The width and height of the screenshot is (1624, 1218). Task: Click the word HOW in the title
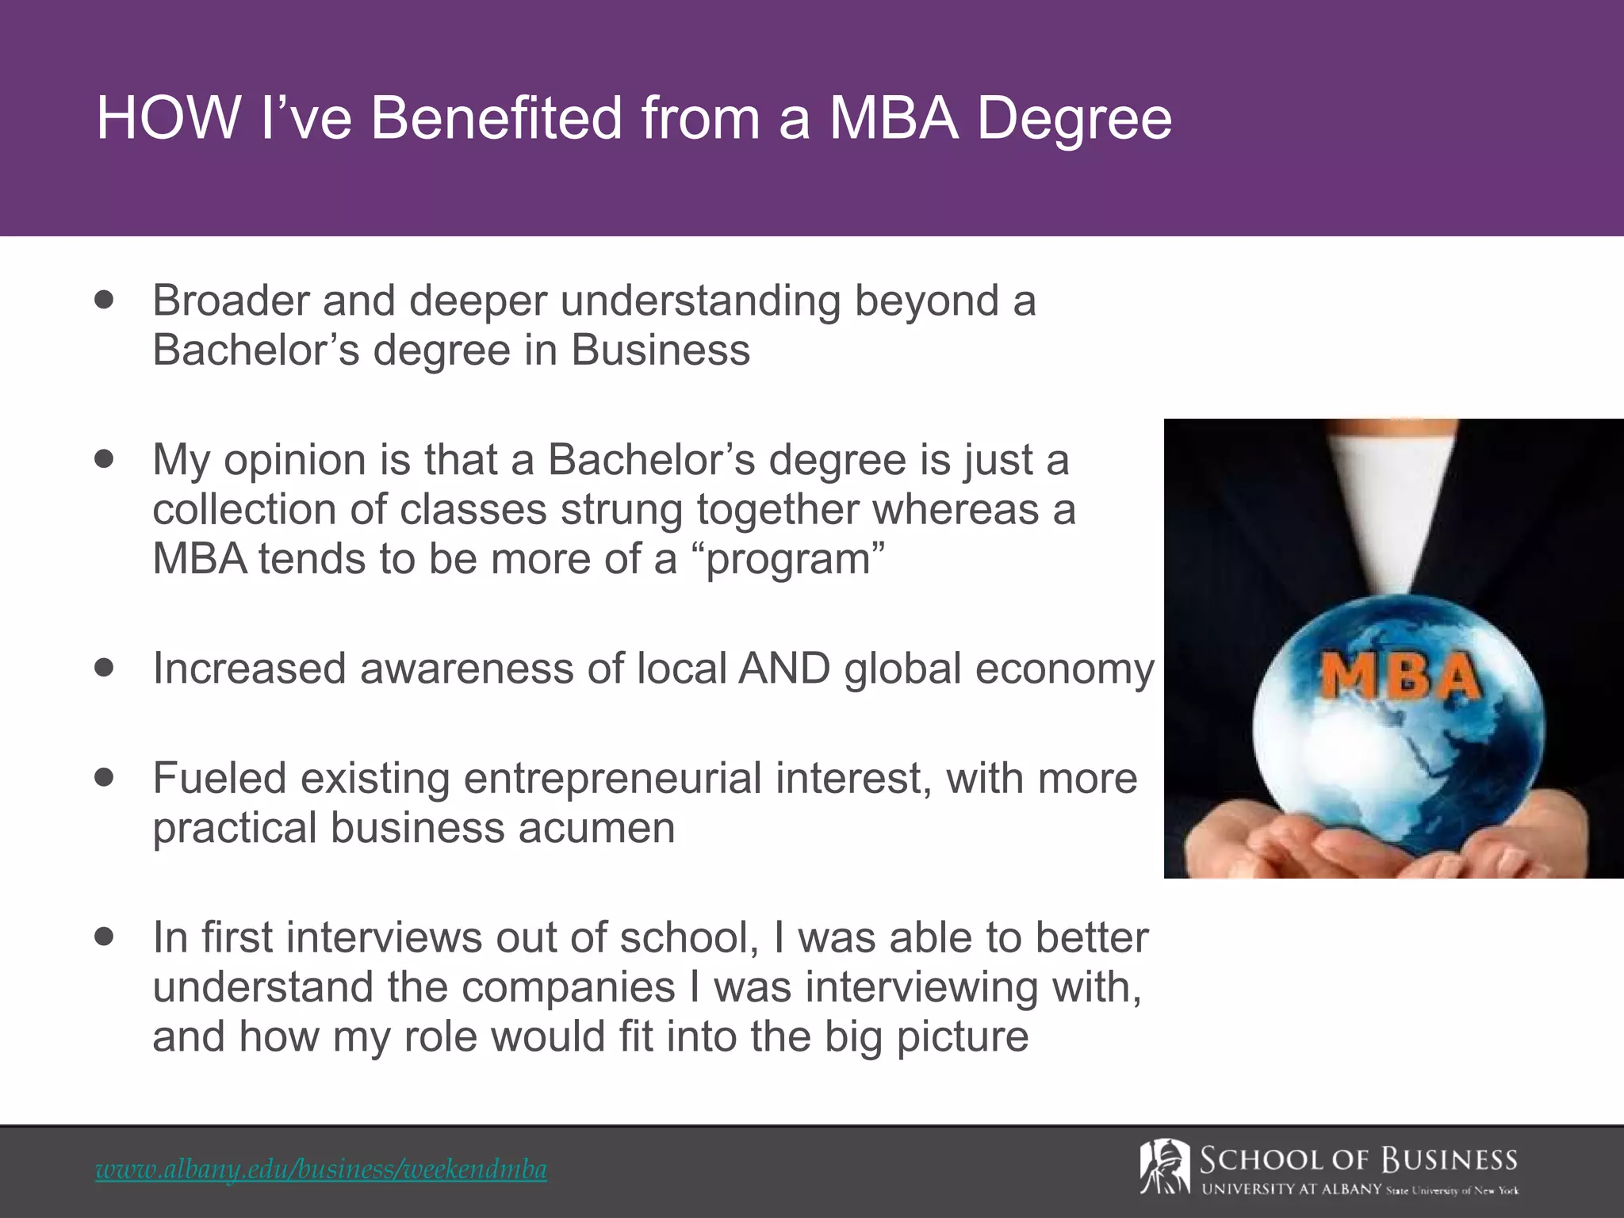168,119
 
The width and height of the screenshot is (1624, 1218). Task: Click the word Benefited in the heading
496,119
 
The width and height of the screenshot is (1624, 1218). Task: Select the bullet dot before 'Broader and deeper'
104,301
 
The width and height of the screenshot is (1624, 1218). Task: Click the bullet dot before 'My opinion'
104,459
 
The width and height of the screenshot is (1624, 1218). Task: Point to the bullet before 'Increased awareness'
104,668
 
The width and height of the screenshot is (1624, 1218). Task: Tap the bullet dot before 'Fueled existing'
104,777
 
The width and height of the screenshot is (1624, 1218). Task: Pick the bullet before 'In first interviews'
104,936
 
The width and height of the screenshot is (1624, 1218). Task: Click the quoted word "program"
794,560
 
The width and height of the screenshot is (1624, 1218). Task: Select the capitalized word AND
783,668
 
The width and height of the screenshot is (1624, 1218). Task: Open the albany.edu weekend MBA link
321,1170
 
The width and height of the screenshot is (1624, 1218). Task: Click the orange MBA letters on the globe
1399,678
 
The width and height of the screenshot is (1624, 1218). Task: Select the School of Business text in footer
1358,1161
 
